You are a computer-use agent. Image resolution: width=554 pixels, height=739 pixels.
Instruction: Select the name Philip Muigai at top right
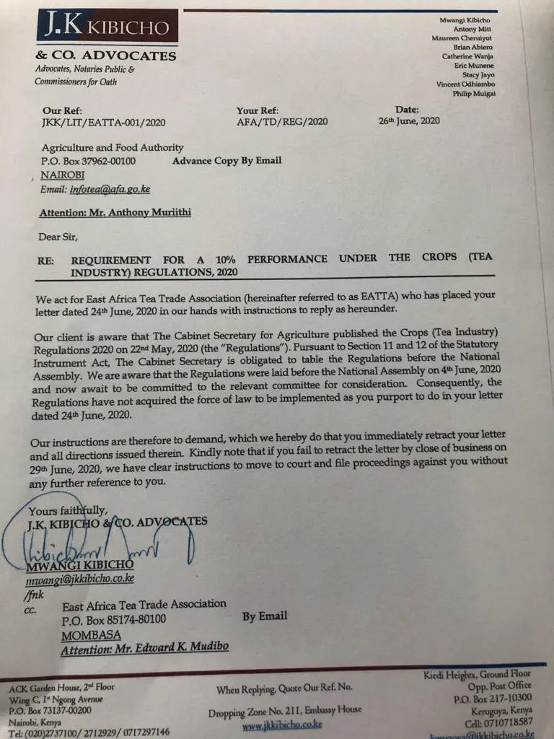point(474,94)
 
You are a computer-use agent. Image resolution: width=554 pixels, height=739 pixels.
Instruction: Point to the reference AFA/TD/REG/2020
point(282,121)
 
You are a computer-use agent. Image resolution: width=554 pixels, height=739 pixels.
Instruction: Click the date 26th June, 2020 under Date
point(409,121)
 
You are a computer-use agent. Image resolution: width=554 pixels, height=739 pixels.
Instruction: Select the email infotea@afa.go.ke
point(110,189)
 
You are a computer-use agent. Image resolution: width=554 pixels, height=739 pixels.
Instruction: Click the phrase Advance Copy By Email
point(227,160)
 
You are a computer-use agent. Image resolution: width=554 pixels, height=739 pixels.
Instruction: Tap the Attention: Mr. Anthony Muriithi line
point(115,214)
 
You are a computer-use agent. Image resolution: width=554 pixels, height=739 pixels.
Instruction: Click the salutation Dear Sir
point(58,236)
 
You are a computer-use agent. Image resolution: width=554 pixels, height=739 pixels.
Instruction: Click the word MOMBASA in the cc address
point(90,636)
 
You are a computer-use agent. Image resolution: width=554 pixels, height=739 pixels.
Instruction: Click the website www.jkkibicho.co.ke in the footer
point(282,725)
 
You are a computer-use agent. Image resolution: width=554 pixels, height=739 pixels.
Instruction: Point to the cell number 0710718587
point(496,722)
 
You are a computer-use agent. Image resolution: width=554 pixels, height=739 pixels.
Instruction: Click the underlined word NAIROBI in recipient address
point(63,175)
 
